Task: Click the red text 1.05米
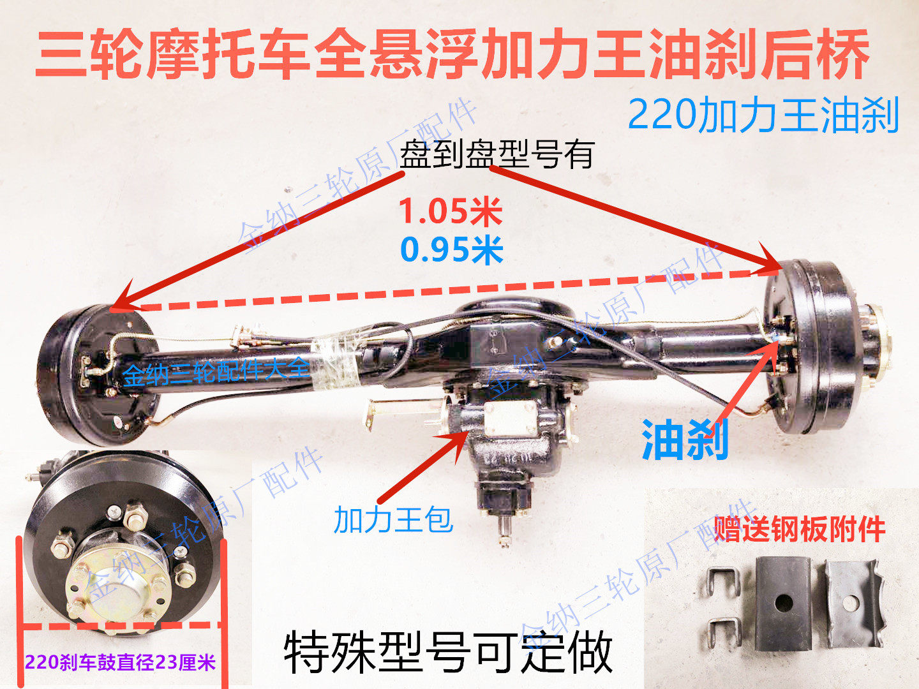[x=451, y=211]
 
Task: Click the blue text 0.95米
[x=452, y=249]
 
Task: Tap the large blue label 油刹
[x=685, y=440]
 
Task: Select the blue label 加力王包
[x=393, y=520]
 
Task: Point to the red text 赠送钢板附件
[x=799, y=529]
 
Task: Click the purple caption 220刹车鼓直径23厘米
[x=120, y=662]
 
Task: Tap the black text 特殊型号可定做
[x=448, y=652]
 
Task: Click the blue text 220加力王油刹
[x=763, y=115]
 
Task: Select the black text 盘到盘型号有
[x=497, y=155]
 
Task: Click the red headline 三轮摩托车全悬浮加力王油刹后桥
[x=452, y=55]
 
